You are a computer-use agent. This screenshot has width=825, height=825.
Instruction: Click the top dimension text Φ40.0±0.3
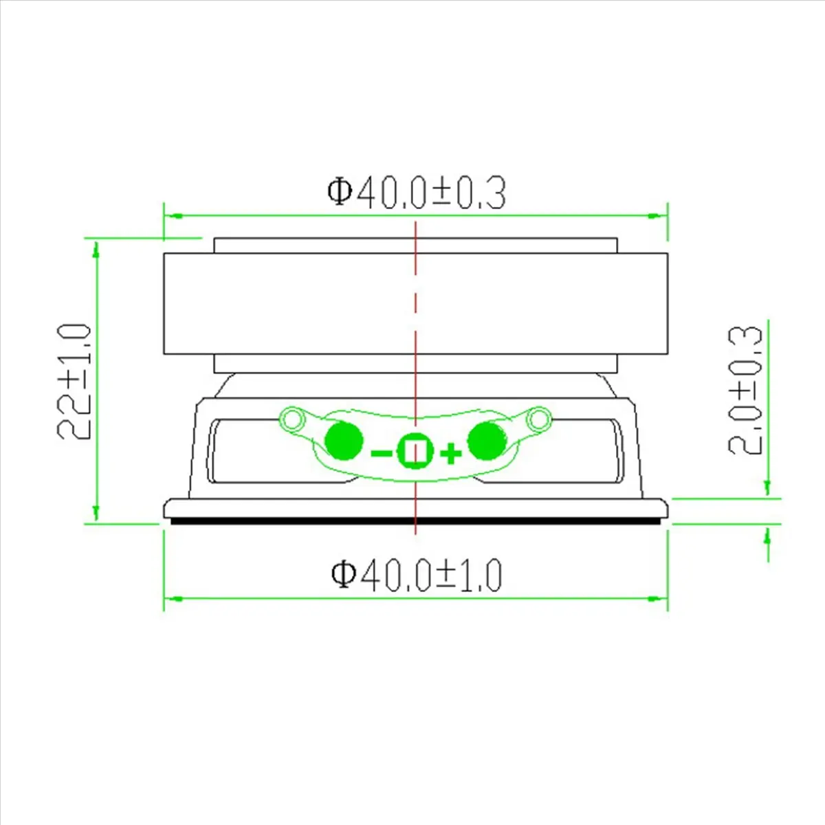pos(417,192)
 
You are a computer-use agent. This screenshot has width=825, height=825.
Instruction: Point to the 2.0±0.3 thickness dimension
pos(746,390)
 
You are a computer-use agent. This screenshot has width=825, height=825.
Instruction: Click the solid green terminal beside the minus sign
pos(344,441)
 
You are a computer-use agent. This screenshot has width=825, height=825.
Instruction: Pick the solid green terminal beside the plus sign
pos(487,441)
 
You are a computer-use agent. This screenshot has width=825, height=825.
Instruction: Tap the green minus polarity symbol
pos(381,453)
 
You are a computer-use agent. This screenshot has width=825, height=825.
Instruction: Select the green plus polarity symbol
pos(450,453)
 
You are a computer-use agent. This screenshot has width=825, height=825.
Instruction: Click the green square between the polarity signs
pos(415,451)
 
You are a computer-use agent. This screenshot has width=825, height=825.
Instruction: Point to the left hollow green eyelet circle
pos(294,418)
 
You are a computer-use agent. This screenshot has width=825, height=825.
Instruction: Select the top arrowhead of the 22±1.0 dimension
pos(96,250)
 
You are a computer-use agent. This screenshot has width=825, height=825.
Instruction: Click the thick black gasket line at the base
pos(416,522)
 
